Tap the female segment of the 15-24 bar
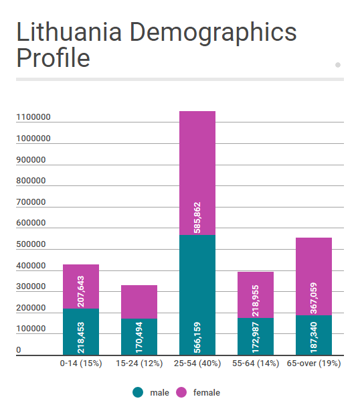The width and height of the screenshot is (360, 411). coord(139,301)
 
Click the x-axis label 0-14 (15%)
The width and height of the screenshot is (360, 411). coord(81,363)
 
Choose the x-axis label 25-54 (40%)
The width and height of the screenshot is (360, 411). coord(197,363)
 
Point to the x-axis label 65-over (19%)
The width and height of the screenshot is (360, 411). coord(314,363)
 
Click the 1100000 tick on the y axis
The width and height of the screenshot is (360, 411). coord(33,118)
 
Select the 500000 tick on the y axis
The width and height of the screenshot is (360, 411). coord(31,245)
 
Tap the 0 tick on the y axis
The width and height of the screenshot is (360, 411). coord(19,350)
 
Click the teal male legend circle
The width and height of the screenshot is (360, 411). coord(139,392)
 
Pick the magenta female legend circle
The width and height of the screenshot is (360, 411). coord(181,392)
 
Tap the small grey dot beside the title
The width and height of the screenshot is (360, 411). coord(338,65)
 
